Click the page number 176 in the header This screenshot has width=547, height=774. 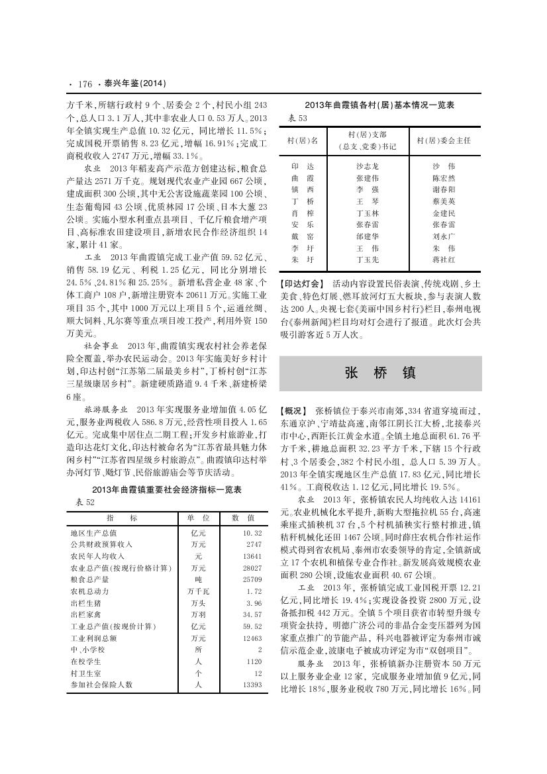click(x=84, y=84)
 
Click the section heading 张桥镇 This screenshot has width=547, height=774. click(x=380, y=373)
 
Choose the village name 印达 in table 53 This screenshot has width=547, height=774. click(x=303, y=166)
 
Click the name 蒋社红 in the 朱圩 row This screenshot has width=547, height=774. click(x=443, y=260)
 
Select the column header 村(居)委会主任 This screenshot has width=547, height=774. click(x=443, y=140)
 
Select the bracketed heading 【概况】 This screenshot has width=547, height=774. click(x=294, y=411)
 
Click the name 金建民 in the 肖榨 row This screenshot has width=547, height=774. click(x=443, y=213)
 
